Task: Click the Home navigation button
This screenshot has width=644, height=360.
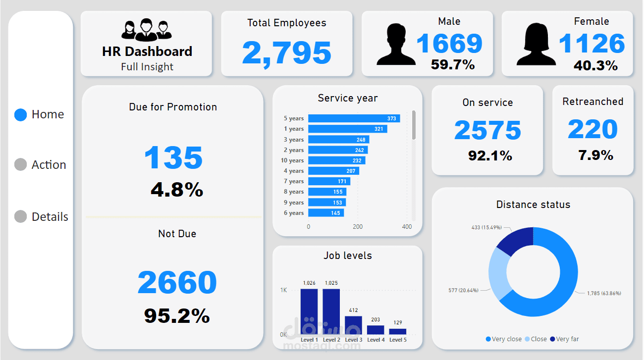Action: pos(40,115)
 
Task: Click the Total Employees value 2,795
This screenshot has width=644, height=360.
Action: pos(287,53)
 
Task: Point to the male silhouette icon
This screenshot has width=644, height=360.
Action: pos(396,45)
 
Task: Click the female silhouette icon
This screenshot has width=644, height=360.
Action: pos(536,45)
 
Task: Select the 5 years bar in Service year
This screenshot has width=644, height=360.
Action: pos(354,118)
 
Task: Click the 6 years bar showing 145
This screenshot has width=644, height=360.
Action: pos(326,213)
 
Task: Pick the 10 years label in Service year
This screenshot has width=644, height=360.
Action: pos(292,160)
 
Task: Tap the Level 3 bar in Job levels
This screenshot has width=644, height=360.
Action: pos(354,325)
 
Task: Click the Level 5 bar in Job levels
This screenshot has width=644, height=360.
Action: pos(397,331)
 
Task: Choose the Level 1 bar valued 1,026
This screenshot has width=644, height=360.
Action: pos(309,311)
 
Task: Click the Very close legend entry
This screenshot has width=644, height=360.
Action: pos(504,339)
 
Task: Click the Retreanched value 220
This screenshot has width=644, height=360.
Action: pos(592,130)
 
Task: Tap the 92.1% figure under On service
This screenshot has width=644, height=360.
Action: pos(490,155)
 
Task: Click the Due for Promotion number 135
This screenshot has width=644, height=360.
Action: pos(173,158)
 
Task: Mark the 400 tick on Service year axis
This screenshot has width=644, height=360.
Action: pos(407,227)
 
